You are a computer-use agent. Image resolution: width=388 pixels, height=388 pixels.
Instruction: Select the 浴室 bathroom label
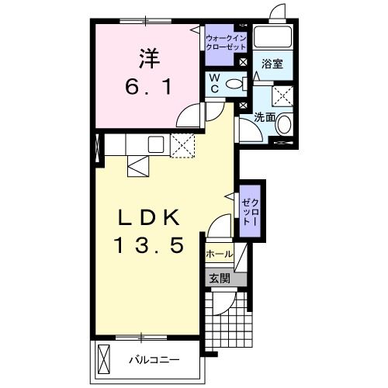(x=272, y=64)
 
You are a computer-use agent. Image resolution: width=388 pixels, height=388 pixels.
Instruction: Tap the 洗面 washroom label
(x=265, y=117)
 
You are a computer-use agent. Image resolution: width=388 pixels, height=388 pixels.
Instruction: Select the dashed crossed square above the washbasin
(x=282, y=95)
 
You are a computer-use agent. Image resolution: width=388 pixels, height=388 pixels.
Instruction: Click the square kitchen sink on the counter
(x=156, y=144)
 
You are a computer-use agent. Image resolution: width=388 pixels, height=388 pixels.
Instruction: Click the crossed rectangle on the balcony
(x=106, y=359)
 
